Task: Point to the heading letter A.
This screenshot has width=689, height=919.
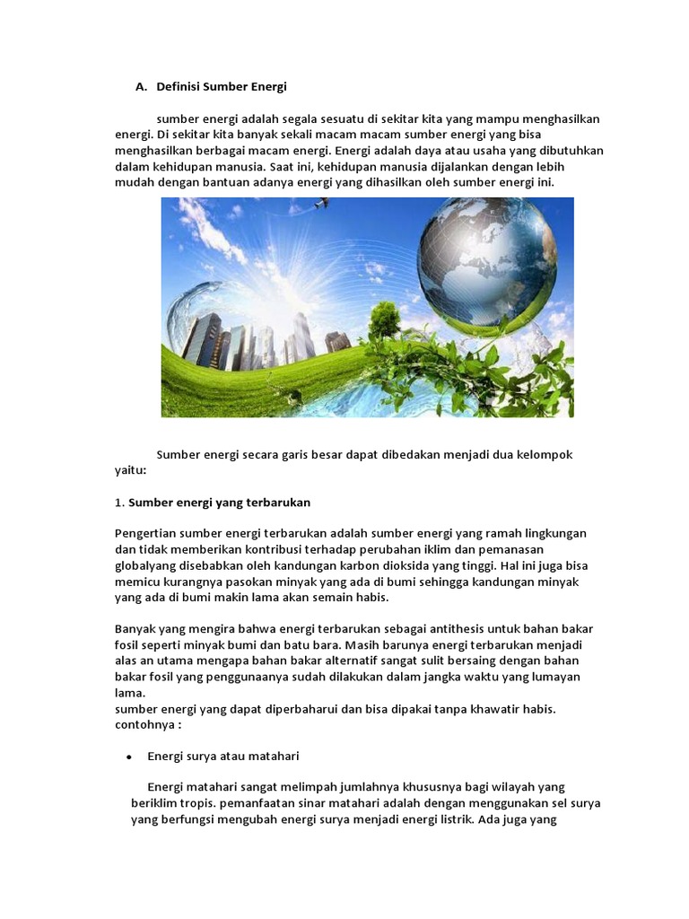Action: [140, 87]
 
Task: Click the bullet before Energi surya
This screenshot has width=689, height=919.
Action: [129, 757]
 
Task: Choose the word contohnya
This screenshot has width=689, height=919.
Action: [144, 725]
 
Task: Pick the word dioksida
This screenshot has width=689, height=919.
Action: [401, 565]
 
